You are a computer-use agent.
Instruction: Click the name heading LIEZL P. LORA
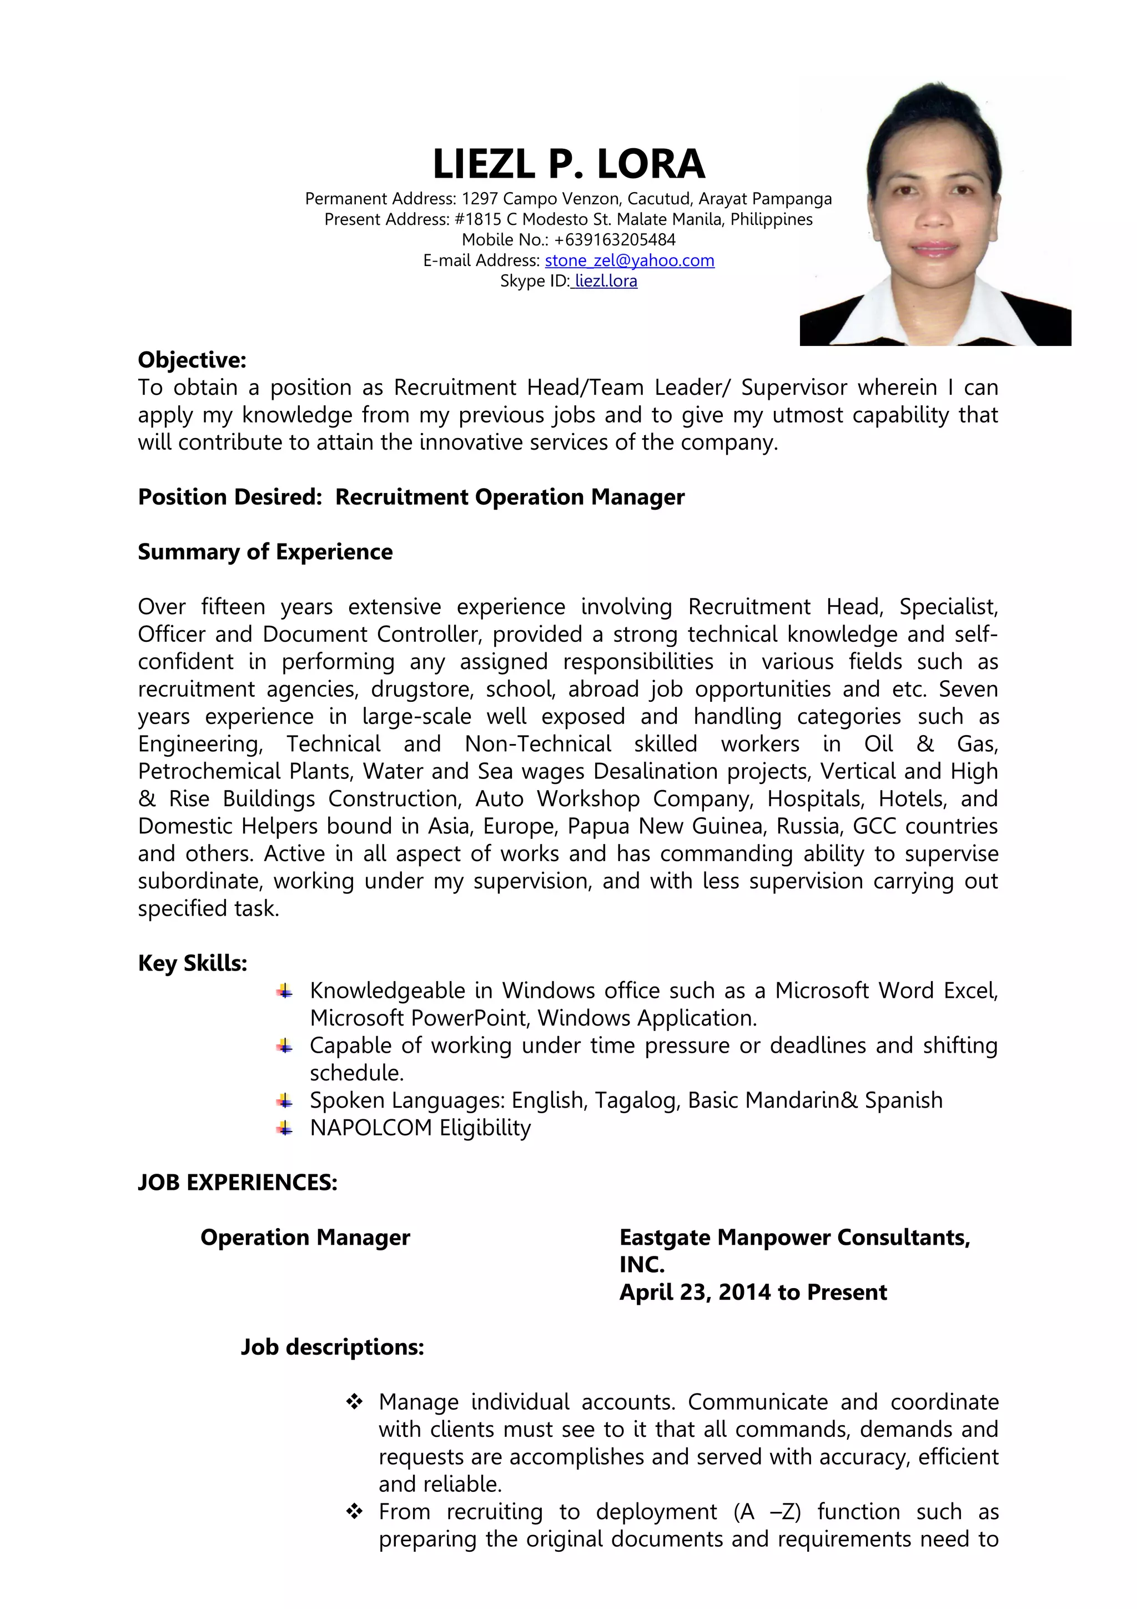click(568, 164)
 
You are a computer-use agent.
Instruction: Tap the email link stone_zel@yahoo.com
click(629, 261)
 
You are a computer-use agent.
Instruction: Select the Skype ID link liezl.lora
click(605, 281)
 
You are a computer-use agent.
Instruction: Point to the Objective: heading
click(192, 360)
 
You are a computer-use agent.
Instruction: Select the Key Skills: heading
click(193, 964)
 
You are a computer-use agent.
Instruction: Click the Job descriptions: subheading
click(332, 1347)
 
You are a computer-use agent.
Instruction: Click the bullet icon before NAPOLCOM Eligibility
click(284, 1128)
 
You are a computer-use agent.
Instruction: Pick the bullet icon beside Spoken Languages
click(284, 1101)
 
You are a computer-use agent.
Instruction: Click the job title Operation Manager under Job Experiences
click(305, 1238)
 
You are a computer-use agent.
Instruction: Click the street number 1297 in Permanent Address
click(479, 199)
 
